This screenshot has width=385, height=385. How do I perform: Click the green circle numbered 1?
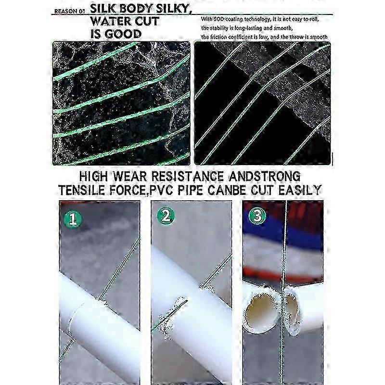click(73, 219)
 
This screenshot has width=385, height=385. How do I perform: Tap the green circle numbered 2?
click(166, 216)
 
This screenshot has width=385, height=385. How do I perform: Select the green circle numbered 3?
click(257, 215)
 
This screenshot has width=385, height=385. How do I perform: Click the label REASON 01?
click(69, 11)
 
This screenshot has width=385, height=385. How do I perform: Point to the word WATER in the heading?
click(110, 21)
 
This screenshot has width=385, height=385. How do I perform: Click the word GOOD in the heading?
click(123, 34)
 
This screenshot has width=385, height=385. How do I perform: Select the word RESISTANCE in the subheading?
click(188, 176)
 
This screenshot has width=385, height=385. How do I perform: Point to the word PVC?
click(161, 190)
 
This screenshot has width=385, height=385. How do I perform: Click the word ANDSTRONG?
click(265, 176)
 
